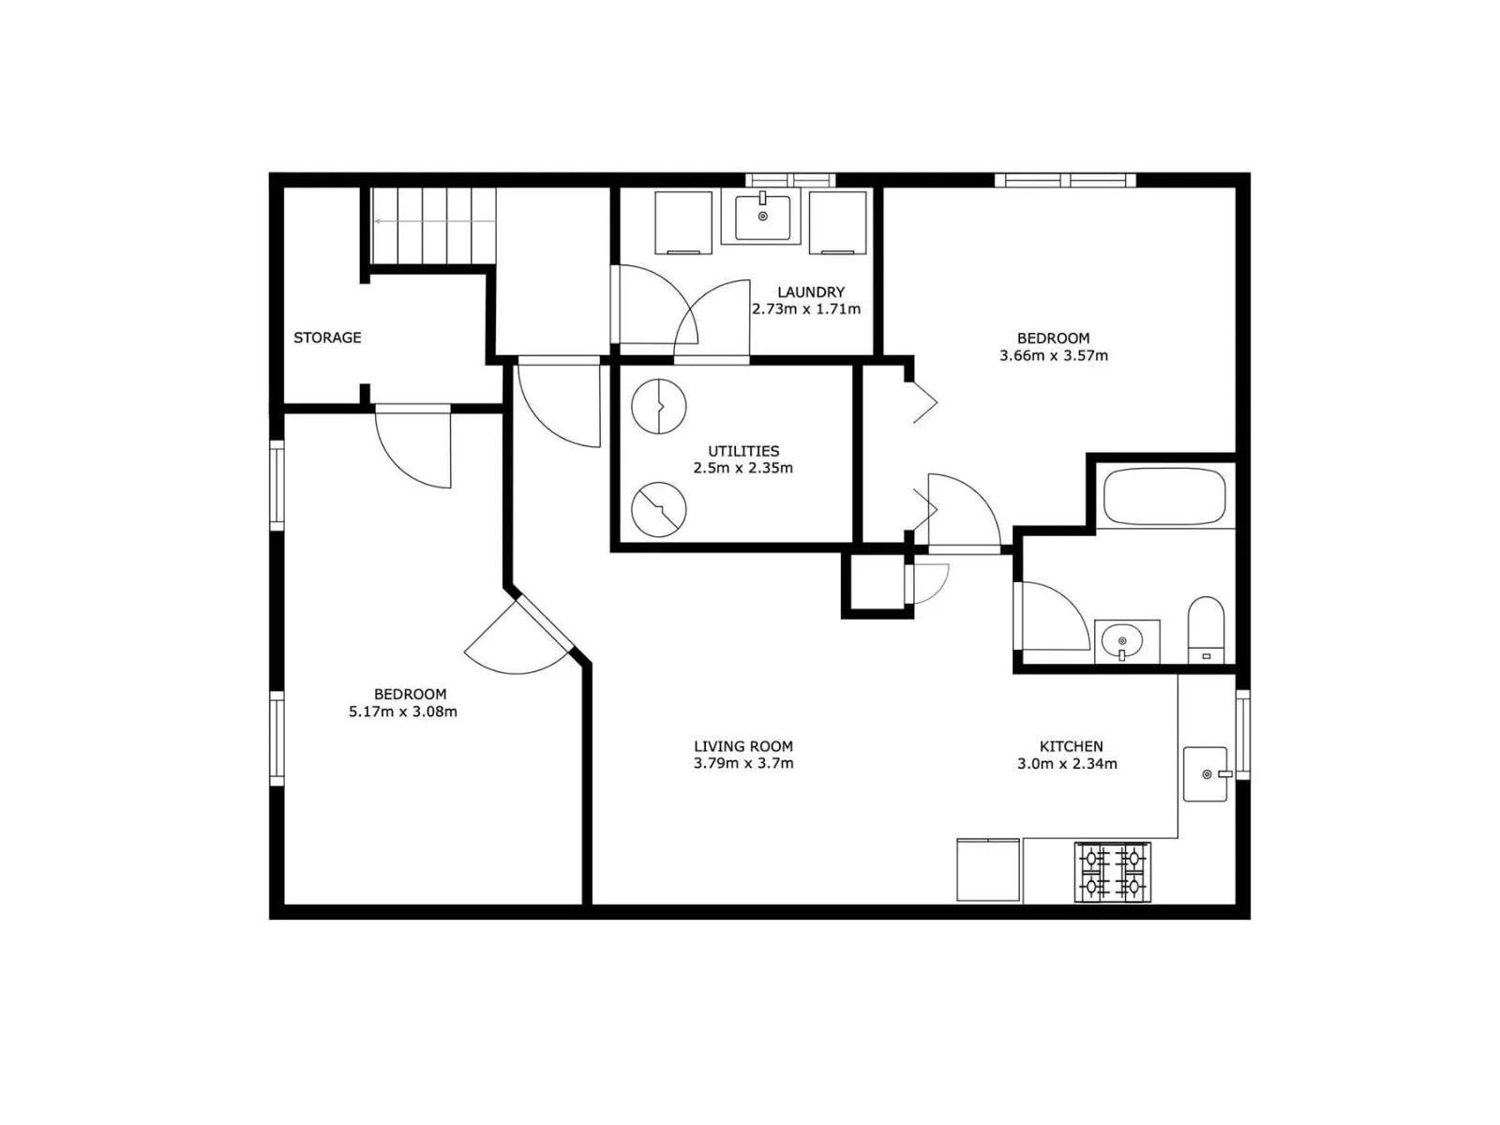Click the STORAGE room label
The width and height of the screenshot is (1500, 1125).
click(326, 337)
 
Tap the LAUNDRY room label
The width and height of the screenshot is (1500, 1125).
click(811, 292)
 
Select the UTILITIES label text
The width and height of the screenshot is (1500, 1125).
click(743, 451)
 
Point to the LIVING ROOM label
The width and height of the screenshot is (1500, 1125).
click(743, 746)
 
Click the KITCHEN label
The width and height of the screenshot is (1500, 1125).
click(1071, 746)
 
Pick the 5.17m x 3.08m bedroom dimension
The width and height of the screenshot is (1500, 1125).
click(403, 712)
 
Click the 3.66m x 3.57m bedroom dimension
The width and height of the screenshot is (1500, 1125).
click(1054, 355)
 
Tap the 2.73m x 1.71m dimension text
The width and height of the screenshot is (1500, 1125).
click(806, 308)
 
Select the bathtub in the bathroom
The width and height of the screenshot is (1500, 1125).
click(1164, 497)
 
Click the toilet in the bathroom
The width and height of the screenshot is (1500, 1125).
click(1207, 630)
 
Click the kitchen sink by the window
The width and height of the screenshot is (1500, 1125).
click(1207, 774)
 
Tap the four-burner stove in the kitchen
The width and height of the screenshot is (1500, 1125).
click(1113, 872)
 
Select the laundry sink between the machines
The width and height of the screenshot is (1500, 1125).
click(762, 217)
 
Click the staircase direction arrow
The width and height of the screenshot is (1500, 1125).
click(434, 221)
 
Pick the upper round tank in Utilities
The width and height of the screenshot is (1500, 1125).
click(659, 407)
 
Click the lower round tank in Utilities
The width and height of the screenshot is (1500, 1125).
click(659, 510)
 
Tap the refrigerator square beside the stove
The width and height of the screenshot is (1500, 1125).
click(988, 870)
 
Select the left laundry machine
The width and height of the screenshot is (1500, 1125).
click(683, 223)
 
